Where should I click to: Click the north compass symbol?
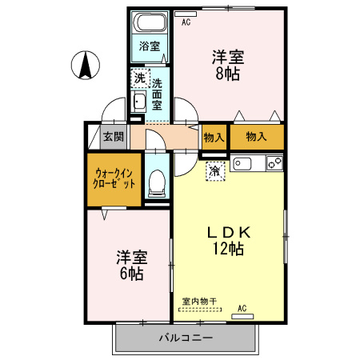point(84,66)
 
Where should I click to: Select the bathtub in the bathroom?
point(150,22)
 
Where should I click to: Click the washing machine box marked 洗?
point(139,78)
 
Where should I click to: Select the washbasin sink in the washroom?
point(139,101)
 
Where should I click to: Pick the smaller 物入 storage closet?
point(213,138)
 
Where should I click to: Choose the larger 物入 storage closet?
point(256,138)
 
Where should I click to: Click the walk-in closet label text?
point(114,177)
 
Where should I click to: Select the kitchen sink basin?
point(243,164)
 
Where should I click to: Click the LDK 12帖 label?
point(230,239)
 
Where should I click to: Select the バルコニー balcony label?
point(186,338)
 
